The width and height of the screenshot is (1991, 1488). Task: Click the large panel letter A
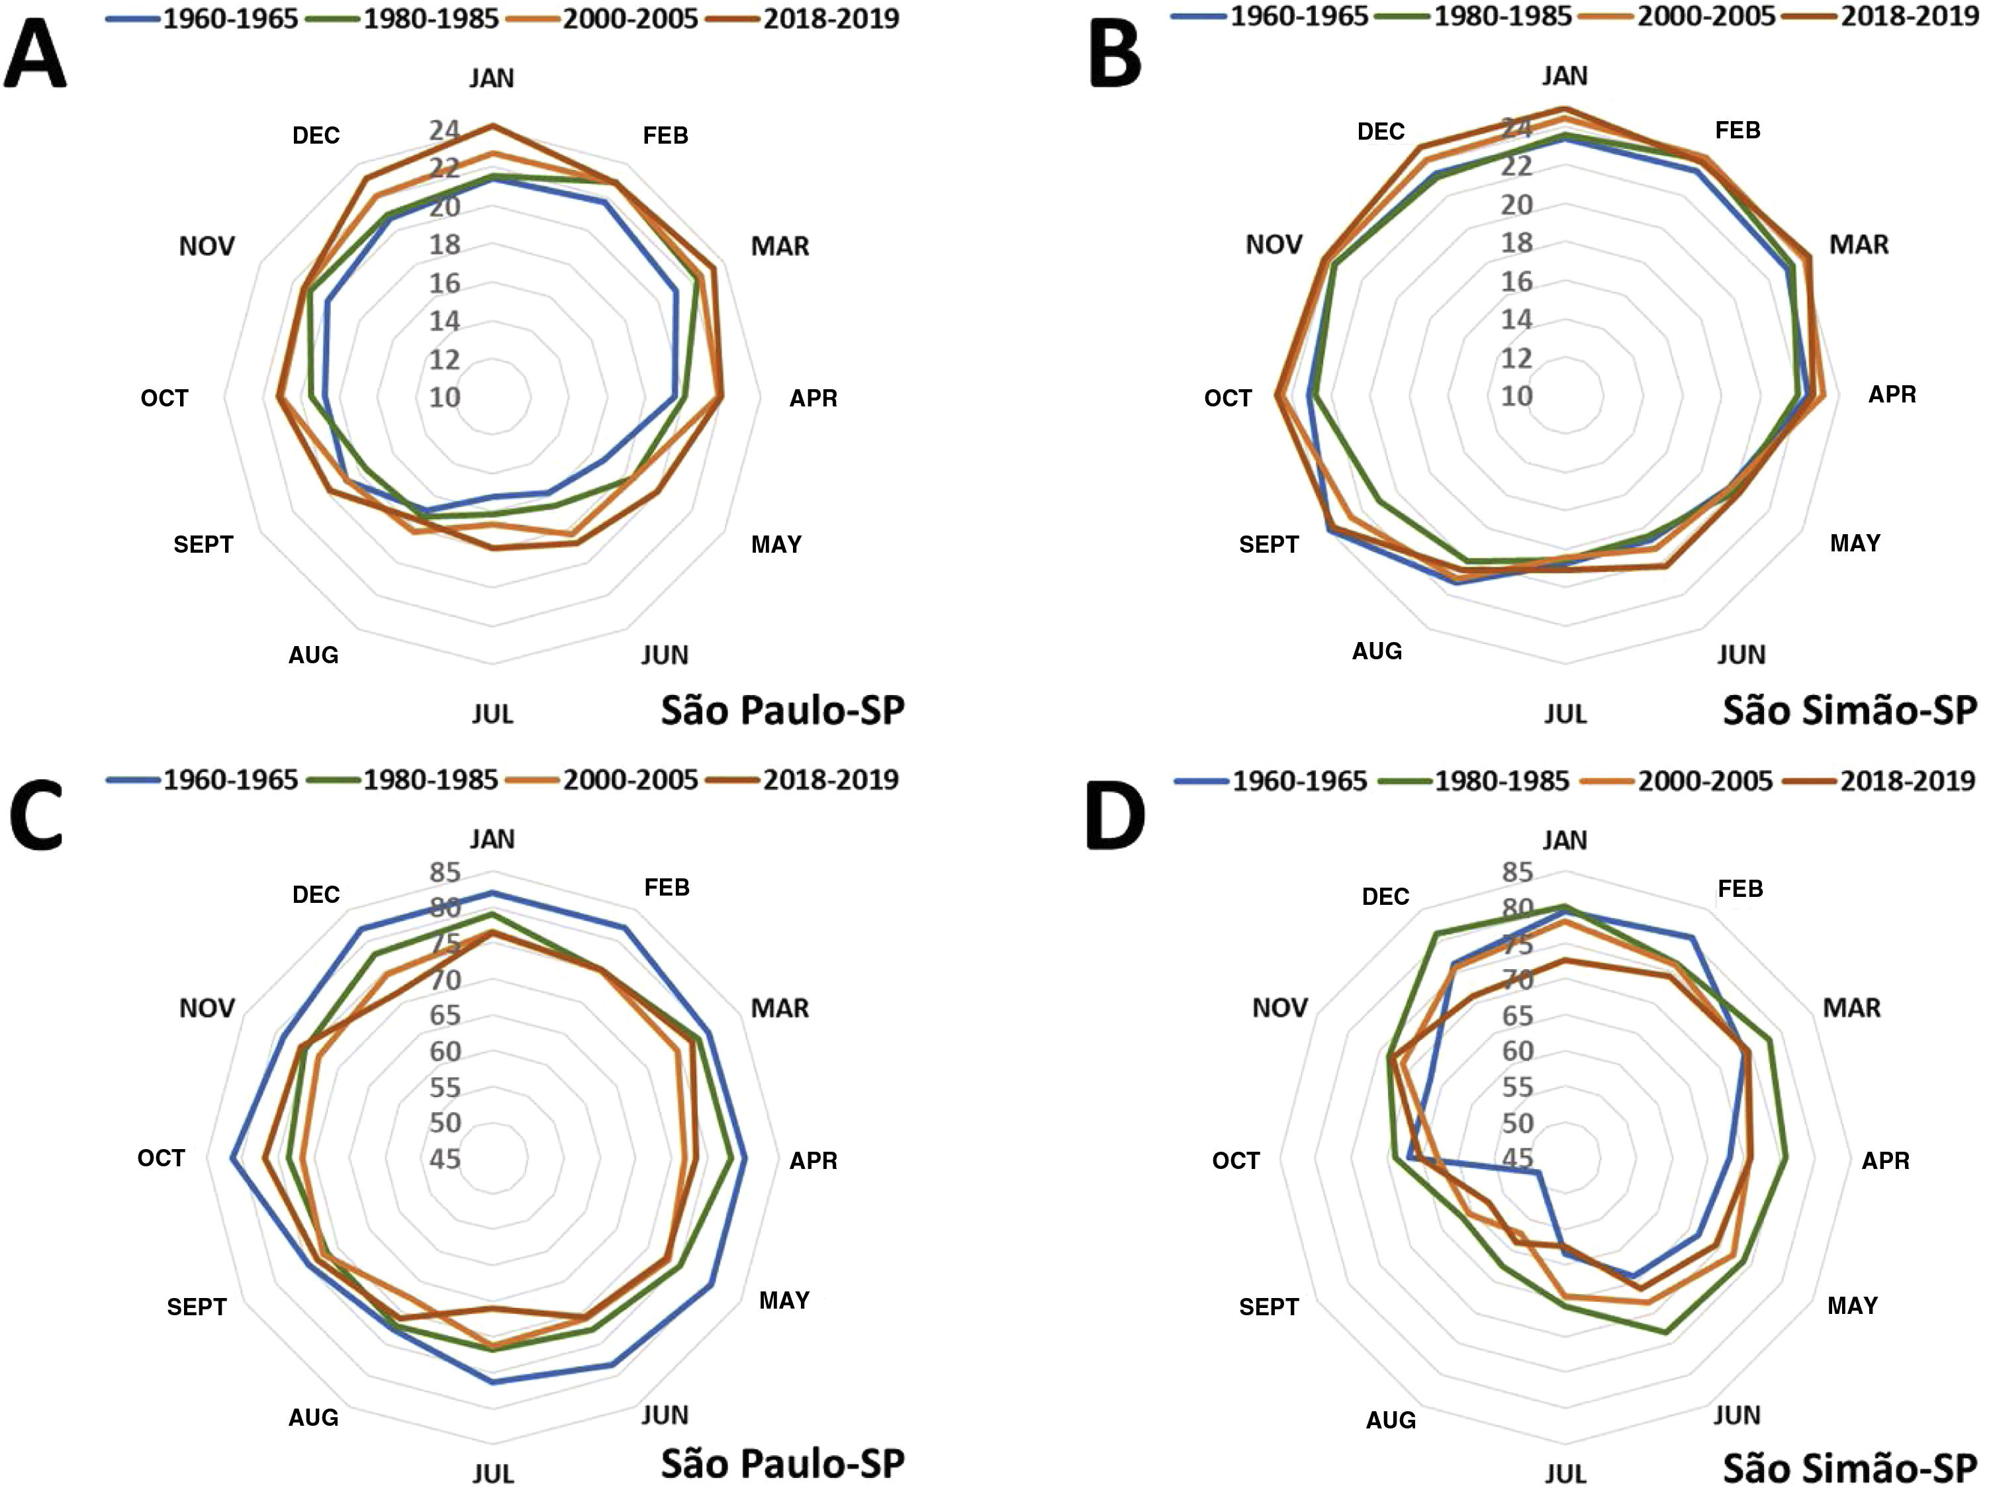[36, 56]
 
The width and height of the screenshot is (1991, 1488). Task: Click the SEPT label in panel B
[1268, 545]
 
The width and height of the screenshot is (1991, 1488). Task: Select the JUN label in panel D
[1736, 1415]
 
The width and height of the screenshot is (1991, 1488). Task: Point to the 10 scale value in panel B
[1516, 396]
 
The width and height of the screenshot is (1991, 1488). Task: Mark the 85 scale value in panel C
[445, 872]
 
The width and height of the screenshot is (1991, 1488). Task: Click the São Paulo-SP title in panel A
[782, 710]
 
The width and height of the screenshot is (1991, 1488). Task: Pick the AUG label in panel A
[313, 655]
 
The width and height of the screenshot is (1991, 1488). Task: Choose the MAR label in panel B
[1859, 245]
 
